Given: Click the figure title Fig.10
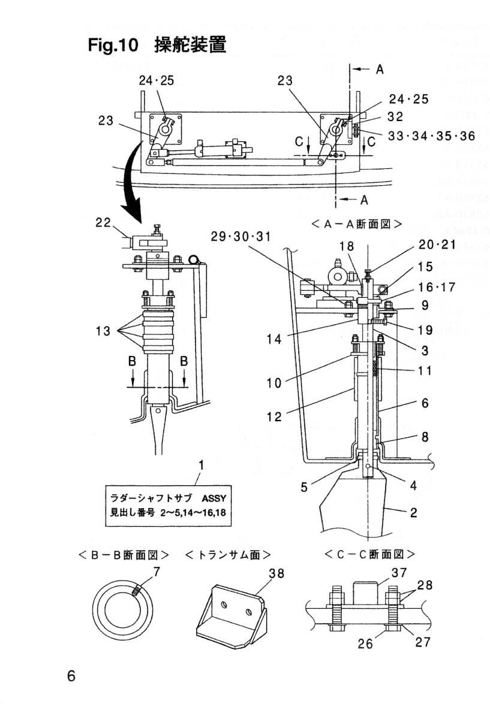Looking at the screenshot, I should point(113,45).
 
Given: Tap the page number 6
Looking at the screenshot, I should point(72,676).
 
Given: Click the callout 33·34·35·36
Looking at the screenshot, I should point(431,136).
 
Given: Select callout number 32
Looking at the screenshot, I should point(396,117).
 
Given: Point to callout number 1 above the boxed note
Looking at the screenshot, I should point(202,464).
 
